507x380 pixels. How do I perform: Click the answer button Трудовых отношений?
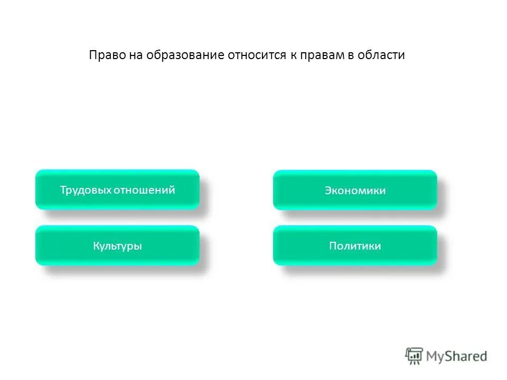[117, 189]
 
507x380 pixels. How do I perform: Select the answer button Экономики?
[355, 190]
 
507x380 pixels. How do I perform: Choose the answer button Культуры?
[117, 245]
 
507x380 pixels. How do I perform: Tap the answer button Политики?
[355, 245]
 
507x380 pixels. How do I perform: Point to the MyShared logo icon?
[415, 356]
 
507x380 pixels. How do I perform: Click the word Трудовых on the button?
[85, 190]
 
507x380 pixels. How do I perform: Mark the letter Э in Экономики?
[327, 191]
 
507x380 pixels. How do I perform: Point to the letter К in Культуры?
[96, 246]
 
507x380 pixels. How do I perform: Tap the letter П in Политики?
[333, 246]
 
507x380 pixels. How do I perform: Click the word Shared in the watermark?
[466, 356]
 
